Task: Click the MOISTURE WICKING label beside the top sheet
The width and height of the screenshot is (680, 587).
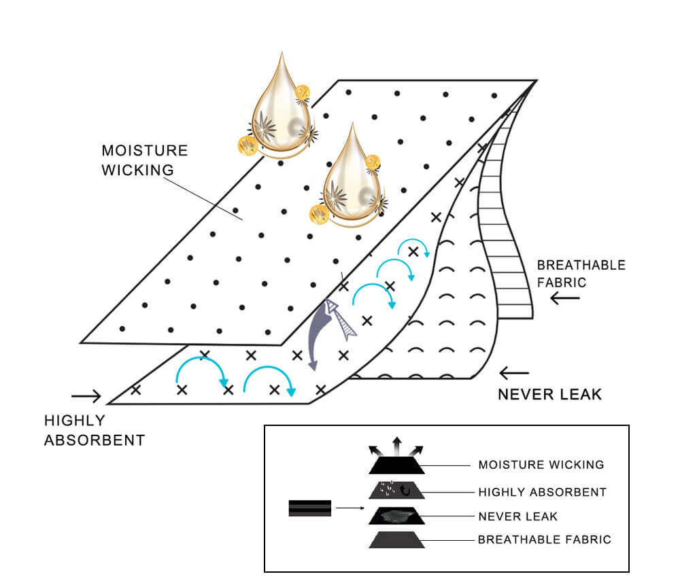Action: click(144, 160)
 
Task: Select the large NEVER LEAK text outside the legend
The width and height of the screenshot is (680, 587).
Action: click(549, 394)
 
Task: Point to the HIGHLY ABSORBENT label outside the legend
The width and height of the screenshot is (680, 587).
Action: click(95, 430)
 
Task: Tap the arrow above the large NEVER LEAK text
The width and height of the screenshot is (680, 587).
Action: click(513, 372)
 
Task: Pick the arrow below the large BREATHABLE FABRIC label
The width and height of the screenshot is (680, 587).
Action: click(566, 298)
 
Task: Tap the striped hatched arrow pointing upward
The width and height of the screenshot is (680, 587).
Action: click(340, 319)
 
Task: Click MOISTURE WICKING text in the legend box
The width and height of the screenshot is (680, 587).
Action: click(541, 465)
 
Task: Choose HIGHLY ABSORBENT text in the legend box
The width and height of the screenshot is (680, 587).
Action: click(542, 492)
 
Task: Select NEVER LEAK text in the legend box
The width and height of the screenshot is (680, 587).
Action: click(517, 516)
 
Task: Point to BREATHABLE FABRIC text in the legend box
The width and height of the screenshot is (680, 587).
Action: click(544, 540)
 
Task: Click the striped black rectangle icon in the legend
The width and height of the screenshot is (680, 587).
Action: click(310, 508)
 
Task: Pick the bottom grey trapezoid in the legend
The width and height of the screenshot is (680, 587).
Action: click(396, 540)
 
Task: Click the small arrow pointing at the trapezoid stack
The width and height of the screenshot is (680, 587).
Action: click(351, 508)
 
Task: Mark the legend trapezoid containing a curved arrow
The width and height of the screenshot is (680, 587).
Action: click(396, 491)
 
